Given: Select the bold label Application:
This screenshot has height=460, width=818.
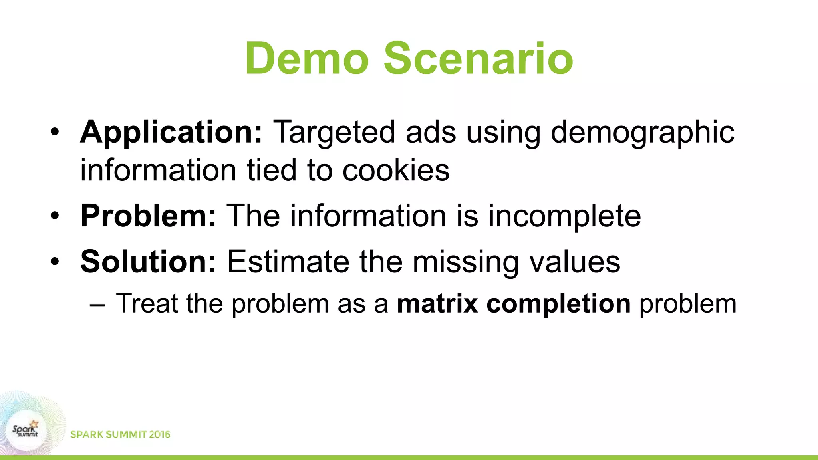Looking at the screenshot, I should pos(171,132).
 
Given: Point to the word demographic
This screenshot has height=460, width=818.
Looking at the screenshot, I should pos(642,132).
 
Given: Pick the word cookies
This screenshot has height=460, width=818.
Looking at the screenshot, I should pos(396,170).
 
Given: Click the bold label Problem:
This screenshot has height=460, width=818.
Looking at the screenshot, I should pos(148,216).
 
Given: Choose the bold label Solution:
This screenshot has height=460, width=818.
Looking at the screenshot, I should pos(148,262).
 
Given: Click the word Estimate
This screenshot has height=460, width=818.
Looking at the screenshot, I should pos(288,262).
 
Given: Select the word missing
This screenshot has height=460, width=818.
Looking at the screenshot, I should pos(466,262).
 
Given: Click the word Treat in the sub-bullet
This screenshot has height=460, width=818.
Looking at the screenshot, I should pos(147,303).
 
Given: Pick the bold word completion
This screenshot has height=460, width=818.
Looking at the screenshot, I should pos(558,303).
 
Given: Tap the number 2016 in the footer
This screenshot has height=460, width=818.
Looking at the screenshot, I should pos(159,434).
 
